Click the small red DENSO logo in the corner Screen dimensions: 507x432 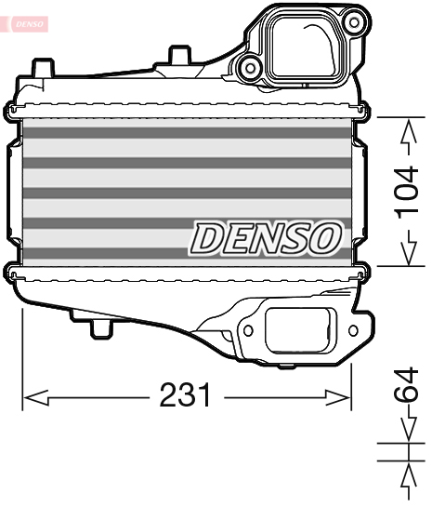tap(26, 23)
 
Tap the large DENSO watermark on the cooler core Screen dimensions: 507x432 tap(266, 238)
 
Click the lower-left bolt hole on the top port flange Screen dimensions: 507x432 tap(248, 66)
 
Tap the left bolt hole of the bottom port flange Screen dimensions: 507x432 tap(248, 328)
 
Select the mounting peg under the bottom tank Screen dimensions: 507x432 tap(99, 328)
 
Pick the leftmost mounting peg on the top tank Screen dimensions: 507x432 tap(40, 67)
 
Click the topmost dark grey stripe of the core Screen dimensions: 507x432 tap(186, 133)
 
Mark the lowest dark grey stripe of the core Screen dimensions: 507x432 tap(186, 252)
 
